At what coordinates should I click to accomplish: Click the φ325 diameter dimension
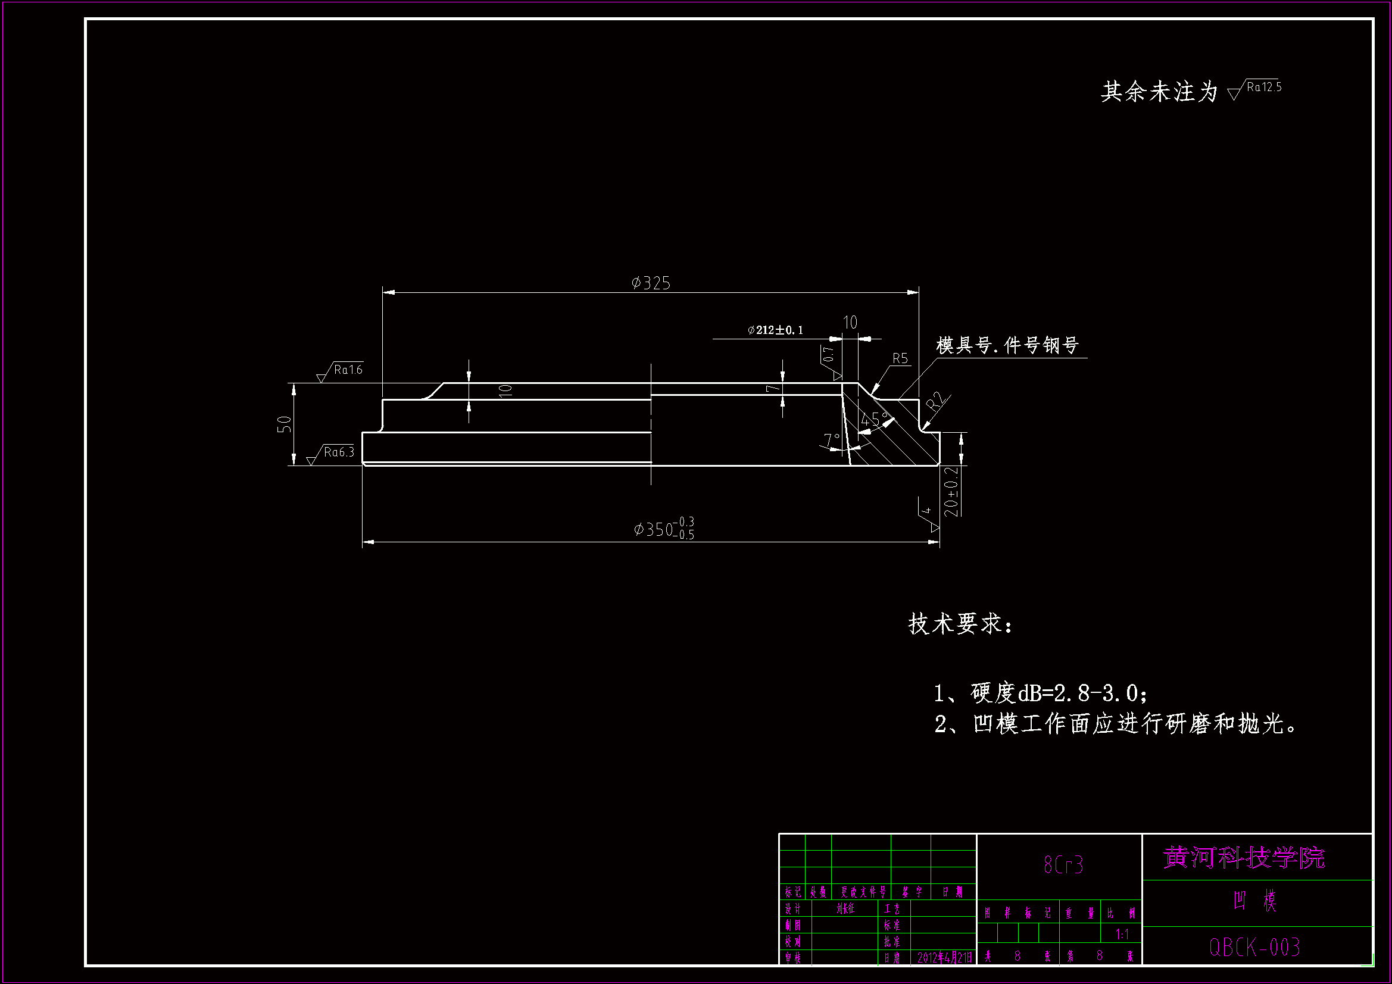tap(651, 283)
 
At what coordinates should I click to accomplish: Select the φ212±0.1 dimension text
tap(775, 330)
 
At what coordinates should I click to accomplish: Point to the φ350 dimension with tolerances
tap(664, 529)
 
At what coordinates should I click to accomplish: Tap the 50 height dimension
tap(284, 424)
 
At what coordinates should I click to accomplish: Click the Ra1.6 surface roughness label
tap(348, 370)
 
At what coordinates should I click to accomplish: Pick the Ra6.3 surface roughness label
tap(338, 452)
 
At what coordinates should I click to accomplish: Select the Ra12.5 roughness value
tap(1264, 88)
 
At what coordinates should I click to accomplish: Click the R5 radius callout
tap(900, 358)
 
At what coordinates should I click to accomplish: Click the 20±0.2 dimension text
tap(952, 491)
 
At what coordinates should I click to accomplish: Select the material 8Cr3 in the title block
tap(1063, 865)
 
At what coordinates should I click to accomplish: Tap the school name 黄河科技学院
tap(1244, 858)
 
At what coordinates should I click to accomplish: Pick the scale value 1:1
tap(1122, 934)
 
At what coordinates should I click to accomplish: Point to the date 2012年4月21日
tap(944, 958)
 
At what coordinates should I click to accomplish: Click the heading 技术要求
tap(960, 624)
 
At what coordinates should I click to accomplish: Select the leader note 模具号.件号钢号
tap(1007, 346)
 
